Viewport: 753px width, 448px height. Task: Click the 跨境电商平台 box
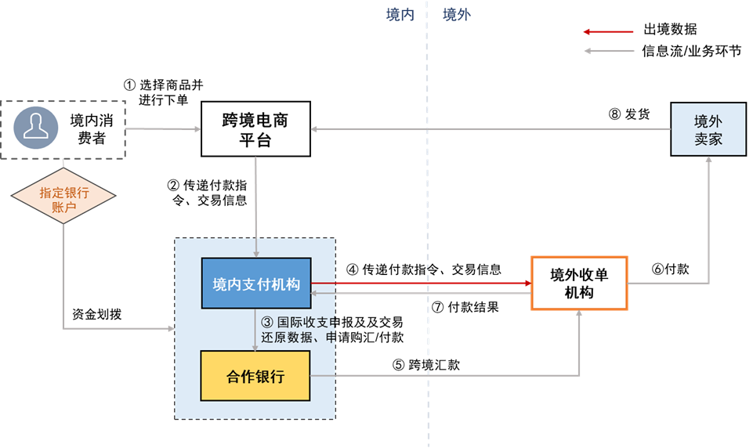click(255, 130)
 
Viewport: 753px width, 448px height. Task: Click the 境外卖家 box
click(708, 130)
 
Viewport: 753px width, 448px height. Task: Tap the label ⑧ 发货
click(629, 114)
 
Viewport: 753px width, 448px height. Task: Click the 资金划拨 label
click(95, 314)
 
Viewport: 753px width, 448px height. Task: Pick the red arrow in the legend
click(607, 32)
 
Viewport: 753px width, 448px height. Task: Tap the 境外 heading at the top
click(457, 15)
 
